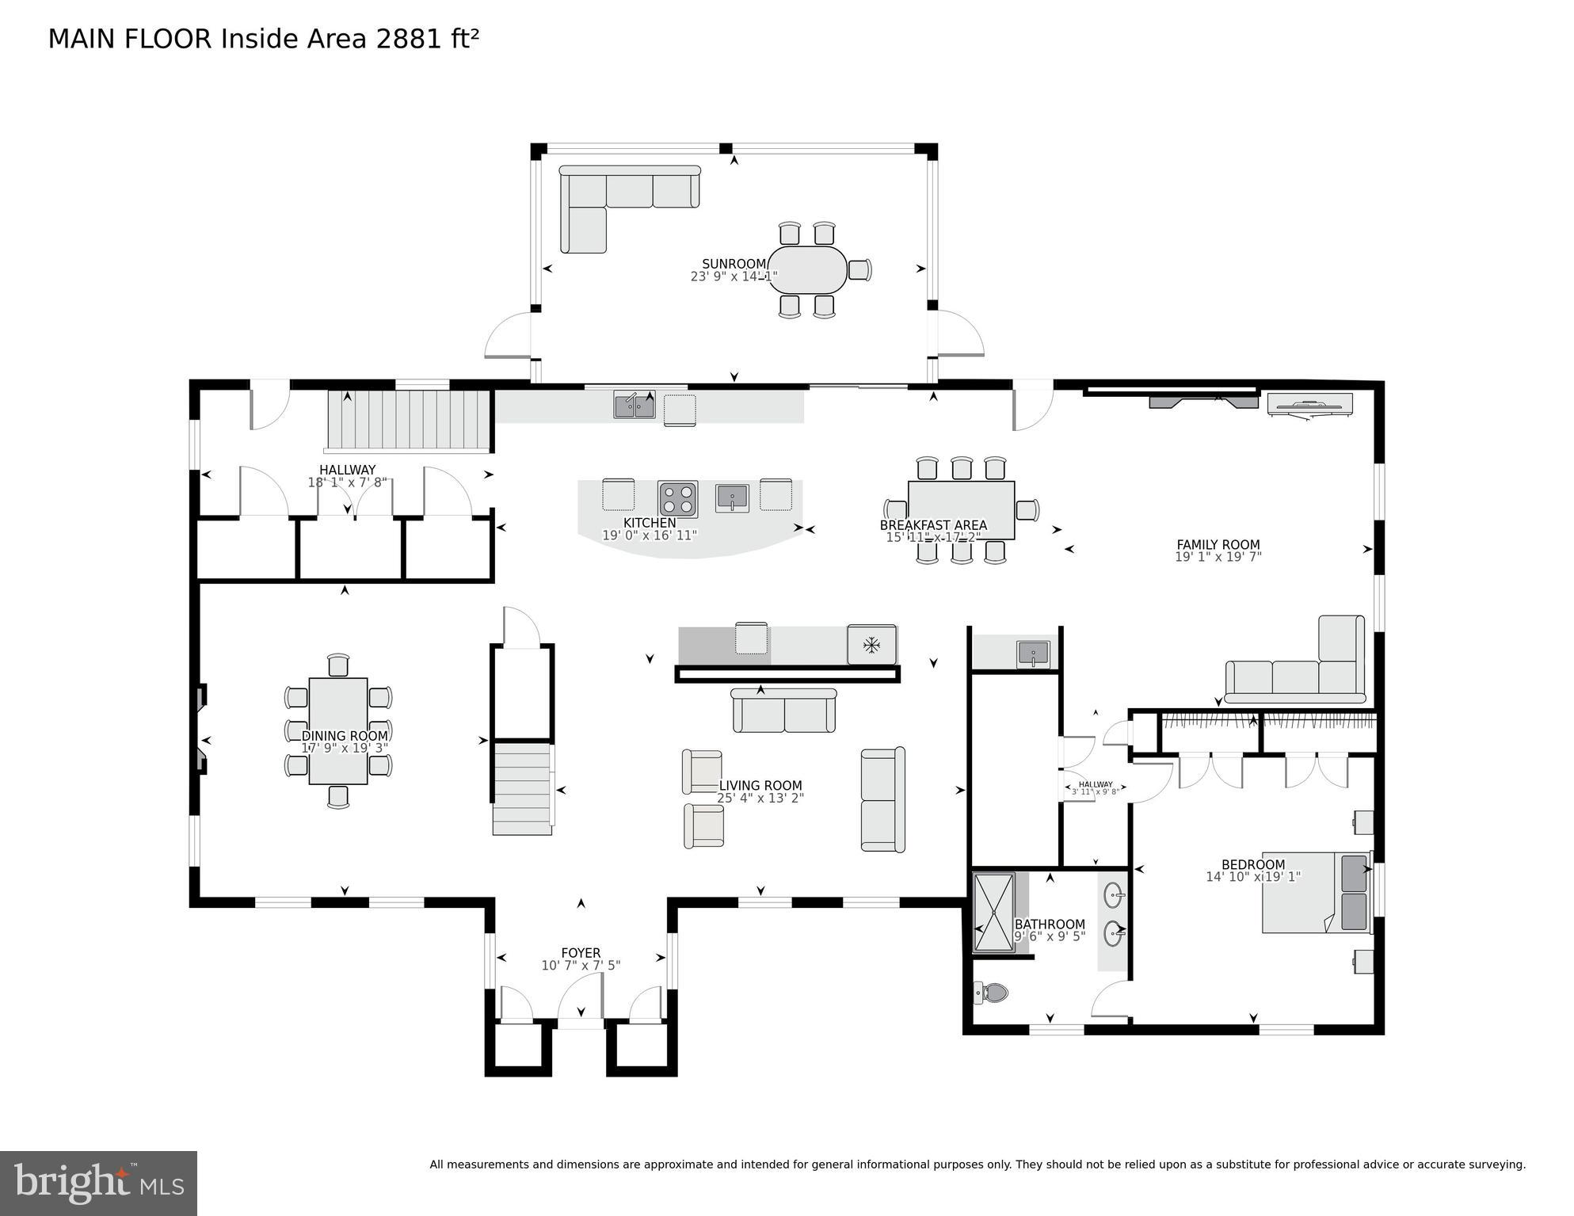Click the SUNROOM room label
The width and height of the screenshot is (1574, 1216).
(x=734, y=264)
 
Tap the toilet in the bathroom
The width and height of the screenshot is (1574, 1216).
(x=992, y=992)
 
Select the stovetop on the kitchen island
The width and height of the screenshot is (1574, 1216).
(x=677, y=499)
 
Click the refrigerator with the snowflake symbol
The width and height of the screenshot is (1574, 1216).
(x=871, y=645)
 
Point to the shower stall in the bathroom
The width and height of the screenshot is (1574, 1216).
(x=993, y=912)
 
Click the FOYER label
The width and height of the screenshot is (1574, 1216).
(x=581, y=953)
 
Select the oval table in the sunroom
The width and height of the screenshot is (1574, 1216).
(x=807, y=270)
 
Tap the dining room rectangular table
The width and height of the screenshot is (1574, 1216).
(x=338, y=730)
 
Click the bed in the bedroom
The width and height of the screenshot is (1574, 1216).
(x=1315, y=892)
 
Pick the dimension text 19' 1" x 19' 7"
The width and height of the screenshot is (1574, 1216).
(x=1218, y=557)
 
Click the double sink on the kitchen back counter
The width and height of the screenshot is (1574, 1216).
(x=635, y=405)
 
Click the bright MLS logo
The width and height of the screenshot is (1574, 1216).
(x=98, y=1183)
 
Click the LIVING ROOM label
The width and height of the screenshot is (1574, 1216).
(x=760, y=786)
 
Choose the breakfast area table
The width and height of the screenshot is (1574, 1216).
(x=961, y=510)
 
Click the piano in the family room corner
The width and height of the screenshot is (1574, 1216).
(x=1309, y=404)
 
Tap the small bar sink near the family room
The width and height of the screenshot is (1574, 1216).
(x=1033, y=654)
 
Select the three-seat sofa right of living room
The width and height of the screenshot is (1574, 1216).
(x=882, y=799)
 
